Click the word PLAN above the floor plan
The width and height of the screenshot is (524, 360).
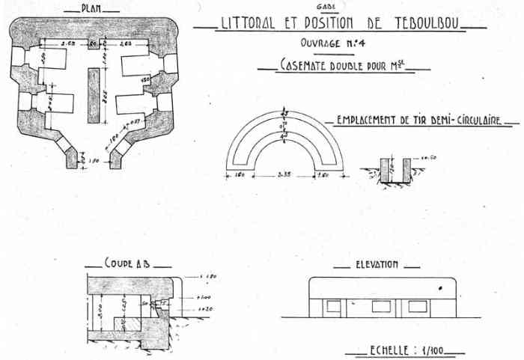pyautogui.click(x=93, y=11)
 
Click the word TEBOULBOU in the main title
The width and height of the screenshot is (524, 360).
pyautogui.click(x=427, y=22)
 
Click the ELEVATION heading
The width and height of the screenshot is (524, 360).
pyautogui.click(x=376, y=264)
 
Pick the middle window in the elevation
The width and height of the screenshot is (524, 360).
pyautogui.click(x=381, y=306)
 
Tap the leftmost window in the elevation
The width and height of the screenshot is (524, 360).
pyautogui.click(x=333, y=306)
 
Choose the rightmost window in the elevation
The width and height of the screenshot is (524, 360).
pyautogui.click(x=417, y=306)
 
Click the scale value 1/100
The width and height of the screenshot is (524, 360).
pyautogui.click(x=433, y=350)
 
